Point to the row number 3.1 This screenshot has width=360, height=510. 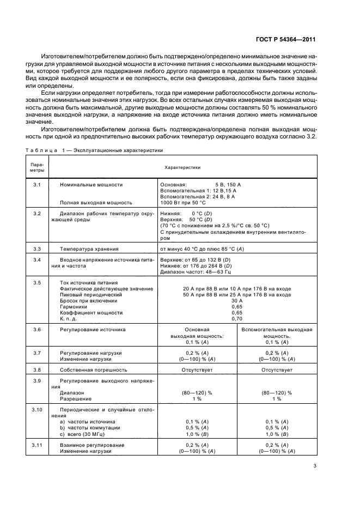pyautogui.click(x=37, y=185)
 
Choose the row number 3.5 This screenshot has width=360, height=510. pyautogui.click(x=37, y=282)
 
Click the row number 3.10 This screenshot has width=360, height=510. pyautogui.click(x=37, y=409)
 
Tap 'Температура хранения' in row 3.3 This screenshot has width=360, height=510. pyautogui.click(x=90, y=248)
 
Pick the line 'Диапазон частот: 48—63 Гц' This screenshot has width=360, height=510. pyautogui.click(x=196, y=271)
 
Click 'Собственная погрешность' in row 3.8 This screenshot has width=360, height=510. pyautogui.click(x=94, y=369)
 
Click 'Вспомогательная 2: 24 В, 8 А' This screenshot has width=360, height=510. pyautogui.click(x=198, y=196)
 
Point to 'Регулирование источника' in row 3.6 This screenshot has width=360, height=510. pyautogui.click(x=93, y=330)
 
